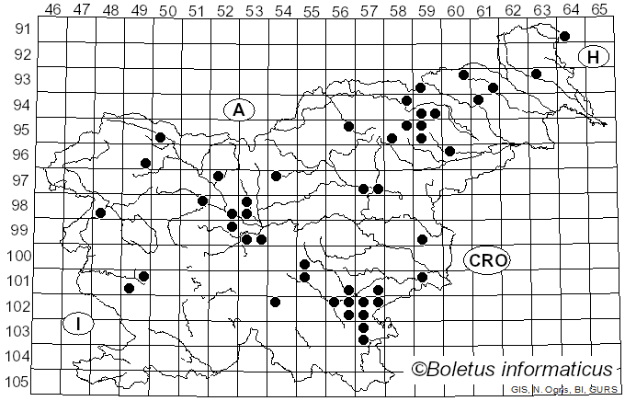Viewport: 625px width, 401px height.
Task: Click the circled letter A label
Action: [238, 110]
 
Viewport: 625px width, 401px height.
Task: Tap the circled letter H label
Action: [595, 57]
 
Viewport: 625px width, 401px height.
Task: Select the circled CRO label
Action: [487, 260]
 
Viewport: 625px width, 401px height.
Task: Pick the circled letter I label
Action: [79, 324]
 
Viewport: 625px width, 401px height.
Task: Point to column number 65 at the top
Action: [599, 9]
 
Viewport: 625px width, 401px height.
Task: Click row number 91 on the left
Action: [19, 29]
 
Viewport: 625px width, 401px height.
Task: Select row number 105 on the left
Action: [17, 382]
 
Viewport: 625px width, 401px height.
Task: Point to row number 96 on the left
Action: [19, 155]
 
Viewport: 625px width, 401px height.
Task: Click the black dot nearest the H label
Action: [565, 36]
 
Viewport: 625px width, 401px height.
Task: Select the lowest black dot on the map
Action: [363, 340]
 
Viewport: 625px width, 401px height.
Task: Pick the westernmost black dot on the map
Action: [101, 213]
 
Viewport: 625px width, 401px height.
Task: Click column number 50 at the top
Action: [168, 9]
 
